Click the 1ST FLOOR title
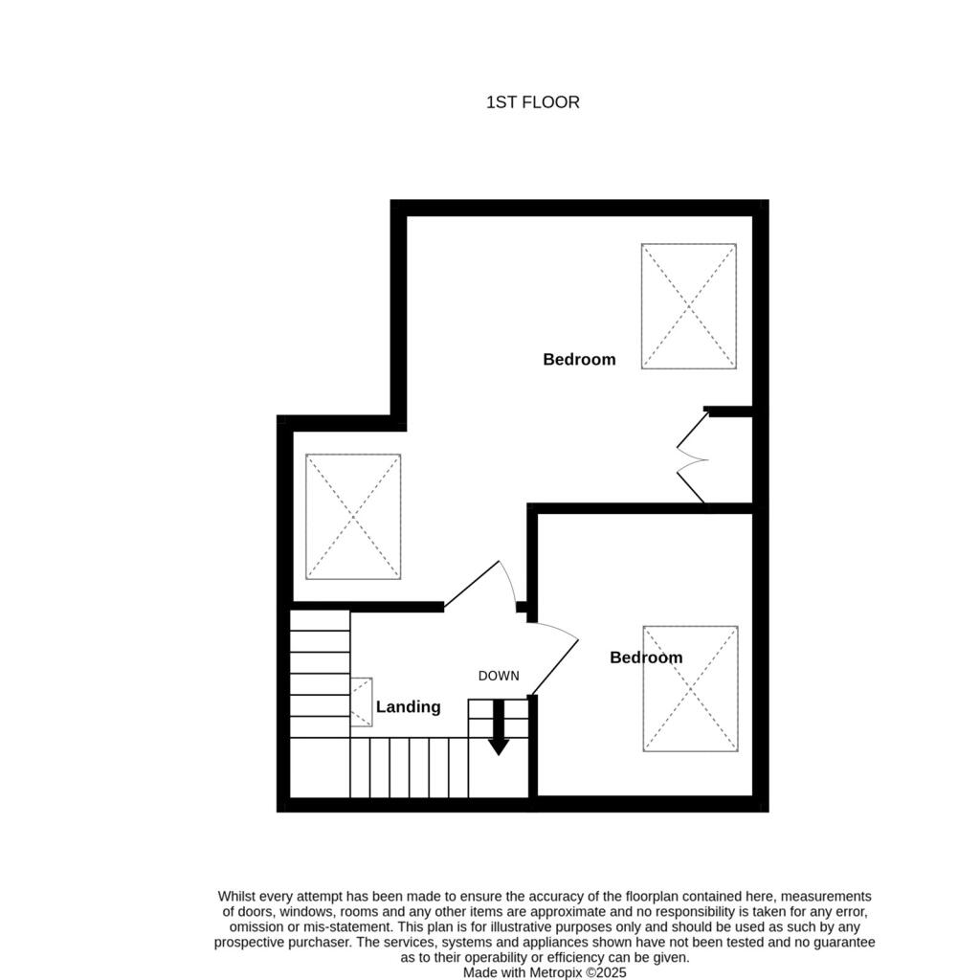pyautogui.click(x=533, y=102)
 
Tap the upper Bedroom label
pyautogui.click(x=579, y=360)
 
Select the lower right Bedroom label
pyautogui.click(x=646, y=657)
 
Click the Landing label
pyautogui.click(x=408, y=707)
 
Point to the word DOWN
pyautogui.click(x=499, y=676)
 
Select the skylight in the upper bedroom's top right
pyautogui.click(x=689, y=306)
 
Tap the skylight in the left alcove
pyautogui.click(x=353, y=517)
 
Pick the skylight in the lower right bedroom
pyautogui.click(x=690, y=689)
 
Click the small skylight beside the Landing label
pyautogui.click(x=362, y=702)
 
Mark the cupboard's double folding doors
pyautogui.click(x=692, y=458)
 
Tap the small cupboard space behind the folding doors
pyautogui.click(x=730, y=459)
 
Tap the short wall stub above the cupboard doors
pyautogui.click(x=728, y=412)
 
